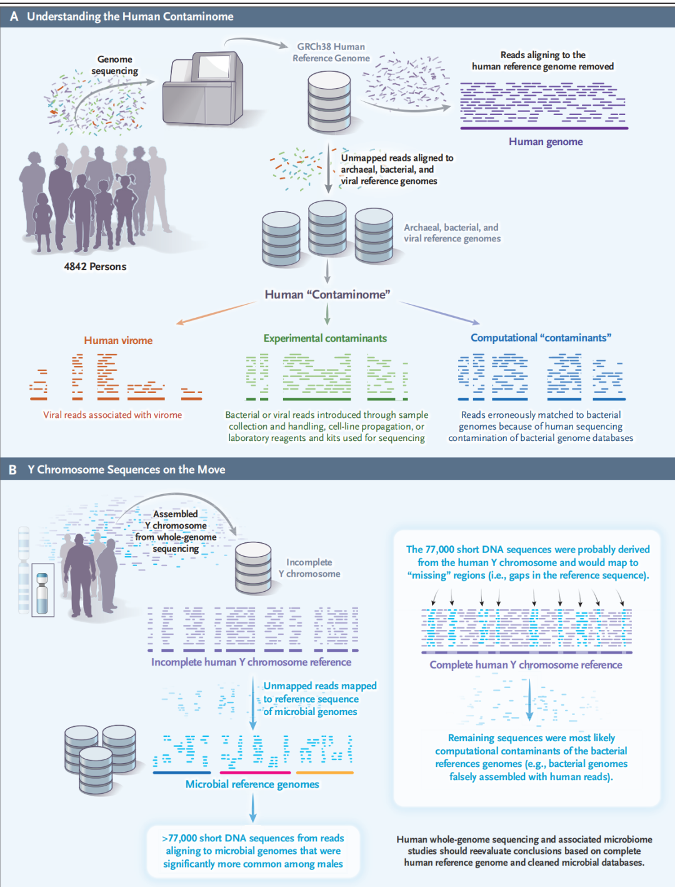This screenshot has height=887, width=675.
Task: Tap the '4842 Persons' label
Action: pos(95,266)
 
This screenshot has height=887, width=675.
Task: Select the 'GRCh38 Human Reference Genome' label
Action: pos(331,53)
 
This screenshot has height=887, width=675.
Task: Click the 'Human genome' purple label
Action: pos(546,142)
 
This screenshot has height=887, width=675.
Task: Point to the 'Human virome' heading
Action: pos(118,340)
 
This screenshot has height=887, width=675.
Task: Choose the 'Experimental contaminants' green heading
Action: pos(325,338)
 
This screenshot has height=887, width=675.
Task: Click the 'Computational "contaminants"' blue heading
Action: pos(541,338)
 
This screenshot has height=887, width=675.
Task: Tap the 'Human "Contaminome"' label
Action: pos(327,295)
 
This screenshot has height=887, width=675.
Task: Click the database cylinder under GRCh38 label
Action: pos(329,101)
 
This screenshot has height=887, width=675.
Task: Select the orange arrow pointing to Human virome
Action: pos(216,312)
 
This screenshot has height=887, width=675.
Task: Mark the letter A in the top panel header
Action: pos(14,17)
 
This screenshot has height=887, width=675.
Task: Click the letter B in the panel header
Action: pos(13,470)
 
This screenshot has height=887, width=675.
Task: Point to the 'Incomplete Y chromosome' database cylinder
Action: pos(253,568)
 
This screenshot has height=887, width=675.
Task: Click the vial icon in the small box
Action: pos(42,594)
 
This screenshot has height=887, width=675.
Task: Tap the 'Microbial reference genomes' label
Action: pos(252,784)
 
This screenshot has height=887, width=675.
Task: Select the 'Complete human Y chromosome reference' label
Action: pos(526,665)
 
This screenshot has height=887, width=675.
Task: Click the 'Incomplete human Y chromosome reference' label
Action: pos(251,662)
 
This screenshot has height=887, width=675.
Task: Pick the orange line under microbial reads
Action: pos(324,773)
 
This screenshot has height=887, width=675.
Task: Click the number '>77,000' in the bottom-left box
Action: pos(179,838)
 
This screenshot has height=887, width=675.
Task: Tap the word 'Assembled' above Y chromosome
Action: pos(175,514)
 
